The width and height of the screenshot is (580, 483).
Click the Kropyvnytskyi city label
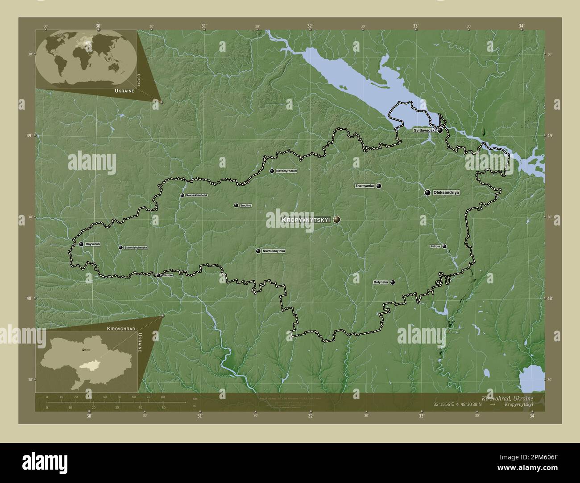[306, 220]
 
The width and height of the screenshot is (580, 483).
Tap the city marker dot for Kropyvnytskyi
[336, 219]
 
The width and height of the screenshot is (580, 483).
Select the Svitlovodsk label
[424, 131]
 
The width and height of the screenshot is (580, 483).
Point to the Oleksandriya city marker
[427, 192]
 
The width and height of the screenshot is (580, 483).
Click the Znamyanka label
[365, 186]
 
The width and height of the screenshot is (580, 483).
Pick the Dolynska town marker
[392, 282]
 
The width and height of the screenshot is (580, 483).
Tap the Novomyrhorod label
[286, 171]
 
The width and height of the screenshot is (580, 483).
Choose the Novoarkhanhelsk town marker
[182, 195]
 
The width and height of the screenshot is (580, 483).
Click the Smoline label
[246, 205]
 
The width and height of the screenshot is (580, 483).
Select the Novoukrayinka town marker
[258, 251]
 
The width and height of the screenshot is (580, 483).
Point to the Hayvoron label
[92, 244]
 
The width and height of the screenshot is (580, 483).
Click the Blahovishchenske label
[136, 247]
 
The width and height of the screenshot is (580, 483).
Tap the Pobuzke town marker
[158, 275]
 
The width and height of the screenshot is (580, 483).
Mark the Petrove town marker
[444, 246]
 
